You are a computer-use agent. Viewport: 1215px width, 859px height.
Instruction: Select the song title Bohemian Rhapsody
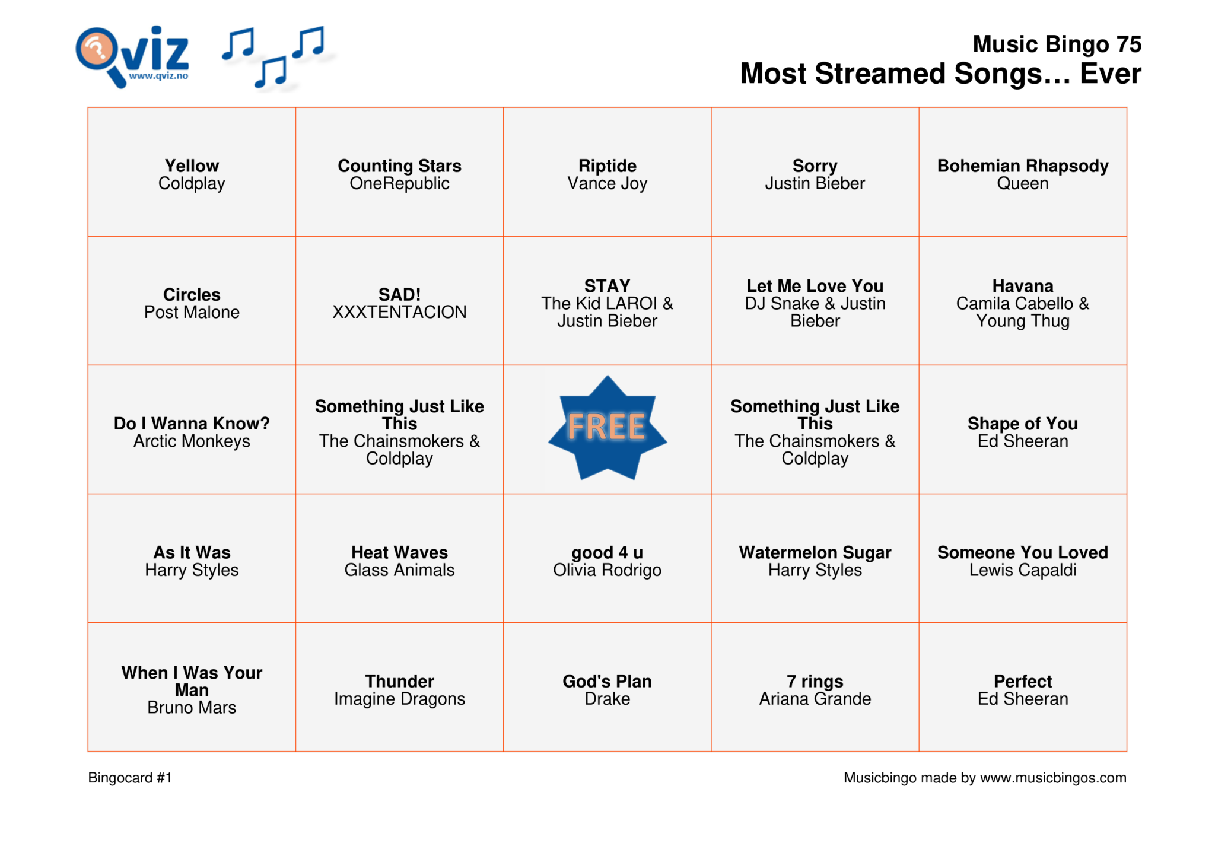1022,166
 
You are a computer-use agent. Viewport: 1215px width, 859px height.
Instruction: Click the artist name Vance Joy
607,184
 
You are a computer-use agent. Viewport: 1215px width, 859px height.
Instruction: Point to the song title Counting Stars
399,166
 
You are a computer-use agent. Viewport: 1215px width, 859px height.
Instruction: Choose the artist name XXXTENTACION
399,312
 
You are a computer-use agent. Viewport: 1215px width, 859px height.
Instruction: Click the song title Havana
1022,286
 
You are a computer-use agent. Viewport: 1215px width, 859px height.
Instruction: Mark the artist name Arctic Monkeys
192,441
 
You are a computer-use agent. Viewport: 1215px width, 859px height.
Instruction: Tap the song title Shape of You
1022,424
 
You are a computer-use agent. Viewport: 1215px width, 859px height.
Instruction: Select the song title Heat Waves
399,552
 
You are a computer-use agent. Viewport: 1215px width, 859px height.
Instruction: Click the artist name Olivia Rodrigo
607,570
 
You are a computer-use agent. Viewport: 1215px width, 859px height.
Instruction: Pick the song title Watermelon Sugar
815,552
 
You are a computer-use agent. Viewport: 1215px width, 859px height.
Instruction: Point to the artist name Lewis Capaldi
1022,570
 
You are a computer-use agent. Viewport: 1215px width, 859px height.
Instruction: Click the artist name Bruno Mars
192,708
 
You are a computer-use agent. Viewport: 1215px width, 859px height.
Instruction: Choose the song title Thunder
399,681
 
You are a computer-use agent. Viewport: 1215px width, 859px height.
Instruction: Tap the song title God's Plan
607,681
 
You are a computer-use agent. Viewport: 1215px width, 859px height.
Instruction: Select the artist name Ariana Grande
815,699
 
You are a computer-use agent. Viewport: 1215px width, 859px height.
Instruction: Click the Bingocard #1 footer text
130,778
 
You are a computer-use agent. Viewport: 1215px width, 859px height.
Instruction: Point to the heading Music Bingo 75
1057,44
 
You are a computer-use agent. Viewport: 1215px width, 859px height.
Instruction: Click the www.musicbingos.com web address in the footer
1052,778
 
